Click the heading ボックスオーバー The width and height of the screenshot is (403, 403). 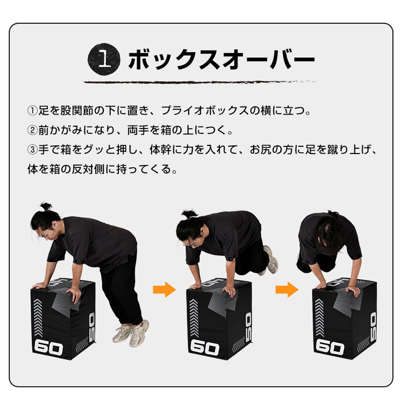click(221, 61)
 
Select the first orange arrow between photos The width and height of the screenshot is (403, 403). click(164, 289)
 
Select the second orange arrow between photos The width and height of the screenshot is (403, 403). click(287, 289)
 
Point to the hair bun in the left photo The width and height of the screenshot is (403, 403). click(46, 206)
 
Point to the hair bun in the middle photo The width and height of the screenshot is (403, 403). click(189, 214)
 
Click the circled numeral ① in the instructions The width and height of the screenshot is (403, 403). click(32, 110)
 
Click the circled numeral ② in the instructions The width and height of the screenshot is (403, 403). click(32, 130)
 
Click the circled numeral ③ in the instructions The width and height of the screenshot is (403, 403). click(32, 150)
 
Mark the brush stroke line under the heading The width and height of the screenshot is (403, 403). click(201, 82)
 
